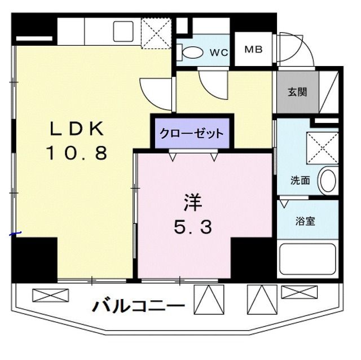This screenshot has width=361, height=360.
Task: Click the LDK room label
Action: click(x=77, y=129)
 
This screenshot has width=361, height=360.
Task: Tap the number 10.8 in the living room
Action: click(x=77, y=153)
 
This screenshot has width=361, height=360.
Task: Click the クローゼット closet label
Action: click(x=191, y=134)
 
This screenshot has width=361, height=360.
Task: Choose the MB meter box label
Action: click(x=253, y=49)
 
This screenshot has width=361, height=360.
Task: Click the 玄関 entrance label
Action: click(x=297, y=92)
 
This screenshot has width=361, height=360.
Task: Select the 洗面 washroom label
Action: click(x=300, y=181)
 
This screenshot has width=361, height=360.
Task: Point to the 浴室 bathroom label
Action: click(x=305, y=221)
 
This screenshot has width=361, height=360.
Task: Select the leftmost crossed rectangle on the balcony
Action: click(x=51, y=295)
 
